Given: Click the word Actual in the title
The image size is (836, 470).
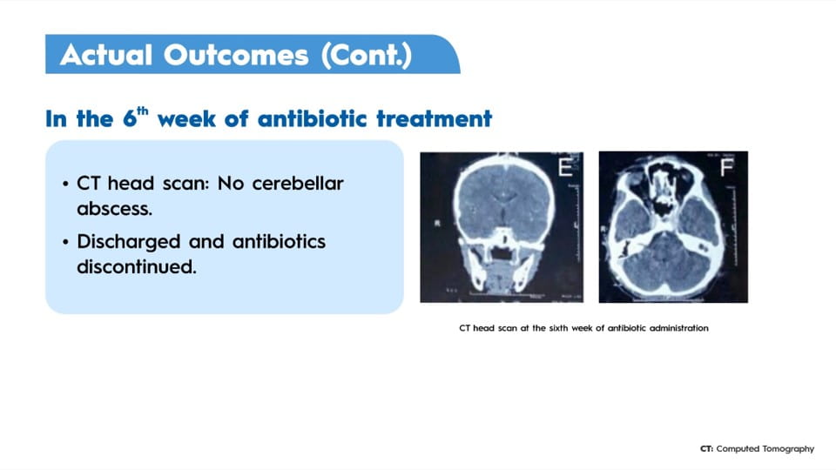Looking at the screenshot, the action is [x=106, y=55].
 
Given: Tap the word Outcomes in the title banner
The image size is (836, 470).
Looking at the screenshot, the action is [x=236, y=55].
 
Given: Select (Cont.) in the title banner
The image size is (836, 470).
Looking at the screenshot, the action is [x=367, y=55].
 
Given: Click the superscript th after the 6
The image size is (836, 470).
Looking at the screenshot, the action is [x=142, y=111].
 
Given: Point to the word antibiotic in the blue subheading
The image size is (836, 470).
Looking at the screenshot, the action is [x=312, y=118].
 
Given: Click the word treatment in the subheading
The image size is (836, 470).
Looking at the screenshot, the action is [x=434, y=118].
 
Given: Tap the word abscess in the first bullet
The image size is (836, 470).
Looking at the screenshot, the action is [x=115, y=208].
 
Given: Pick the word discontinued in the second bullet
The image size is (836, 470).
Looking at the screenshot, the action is [x=137, y=266].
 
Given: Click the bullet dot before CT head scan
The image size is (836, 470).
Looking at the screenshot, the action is [x=65, y=185].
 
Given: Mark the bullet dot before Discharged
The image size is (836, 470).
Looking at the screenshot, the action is [x=65, y=243].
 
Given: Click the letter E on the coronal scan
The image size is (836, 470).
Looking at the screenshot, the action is [x=565, y=167].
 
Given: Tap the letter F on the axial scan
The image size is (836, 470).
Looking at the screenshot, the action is [x=726, y=167].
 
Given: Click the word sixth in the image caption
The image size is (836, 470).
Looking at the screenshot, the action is [x=558, y=328].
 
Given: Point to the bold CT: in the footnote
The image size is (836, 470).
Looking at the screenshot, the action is [x=706, y=449].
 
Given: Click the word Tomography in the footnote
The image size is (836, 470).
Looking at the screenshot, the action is [x=788, y=449].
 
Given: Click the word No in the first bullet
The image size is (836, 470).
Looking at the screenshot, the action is [x=231, y=184].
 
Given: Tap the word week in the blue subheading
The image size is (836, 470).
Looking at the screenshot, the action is [x=186, y=118].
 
